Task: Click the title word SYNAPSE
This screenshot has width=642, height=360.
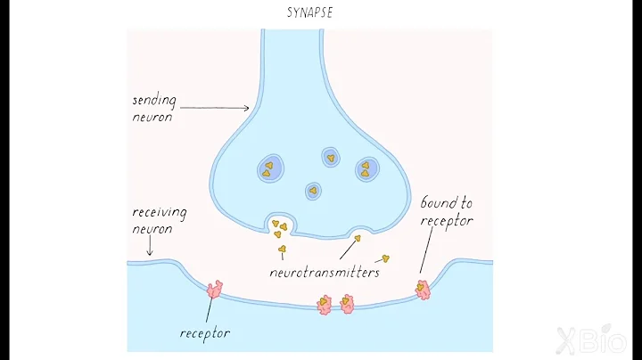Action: (x=309, y=13)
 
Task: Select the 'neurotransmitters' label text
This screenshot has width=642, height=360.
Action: (x=325, y=272)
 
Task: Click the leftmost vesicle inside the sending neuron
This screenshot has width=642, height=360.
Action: (x=269, y=167)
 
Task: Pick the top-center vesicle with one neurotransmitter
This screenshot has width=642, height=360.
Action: (x=331, y=158)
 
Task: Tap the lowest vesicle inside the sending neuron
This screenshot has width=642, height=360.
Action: (x=313, y=190)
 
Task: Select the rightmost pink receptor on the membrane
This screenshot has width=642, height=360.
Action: (x=422, y=289)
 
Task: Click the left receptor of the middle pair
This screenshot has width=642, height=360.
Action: (x=325, y=305)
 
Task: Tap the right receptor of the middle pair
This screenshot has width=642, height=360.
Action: (x=346, y=305)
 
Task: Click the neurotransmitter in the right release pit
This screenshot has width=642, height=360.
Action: (x=358, y=238)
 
